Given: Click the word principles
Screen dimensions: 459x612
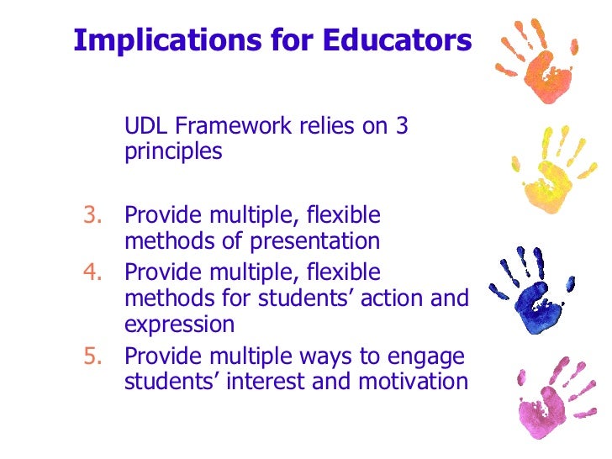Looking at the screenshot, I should coord(173,154).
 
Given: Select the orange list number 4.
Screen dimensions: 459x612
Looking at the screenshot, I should coord(90,272).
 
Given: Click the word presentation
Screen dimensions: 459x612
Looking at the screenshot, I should coord(316,242).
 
